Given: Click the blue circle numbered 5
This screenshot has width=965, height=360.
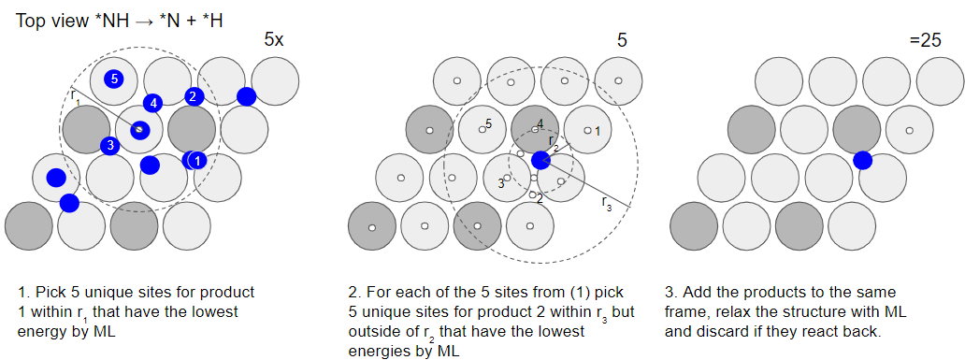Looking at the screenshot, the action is pos(114,79).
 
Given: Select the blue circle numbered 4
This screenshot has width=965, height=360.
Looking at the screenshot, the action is pos(152,103).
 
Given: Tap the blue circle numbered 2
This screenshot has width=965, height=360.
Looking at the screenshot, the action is pos(194,96).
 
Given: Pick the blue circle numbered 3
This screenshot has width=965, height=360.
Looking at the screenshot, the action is pos(110,145).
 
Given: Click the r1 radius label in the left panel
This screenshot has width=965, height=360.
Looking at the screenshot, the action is pos(75,96).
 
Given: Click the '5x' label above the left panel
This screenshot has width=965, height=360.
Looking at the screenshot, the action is pos(274,40).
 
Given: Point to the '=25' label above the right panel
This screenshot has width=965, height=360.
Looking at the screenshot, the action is pos(925,40).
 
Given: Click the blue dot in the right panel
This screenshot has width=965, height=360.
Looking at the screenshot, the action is pos(863,161).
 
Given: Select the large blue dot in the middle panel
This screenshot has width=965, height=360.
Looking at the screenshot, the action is pos(540,160).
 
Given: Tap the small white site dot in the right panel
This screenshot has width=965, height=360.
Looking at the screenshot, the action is pos(909,131).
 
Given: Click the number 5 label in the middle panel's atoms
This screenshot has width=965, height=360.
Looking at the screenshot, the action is pos(489,124).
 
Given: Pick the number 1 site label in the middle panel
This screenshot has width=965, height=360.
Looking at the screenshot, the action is pos(597,131).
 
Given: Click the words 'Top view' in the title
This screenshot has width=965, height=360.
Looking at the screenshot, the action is pos(44,21).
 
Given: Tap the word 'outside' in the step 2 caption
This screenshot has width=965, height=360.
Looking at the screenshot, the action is pos(370,332).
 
